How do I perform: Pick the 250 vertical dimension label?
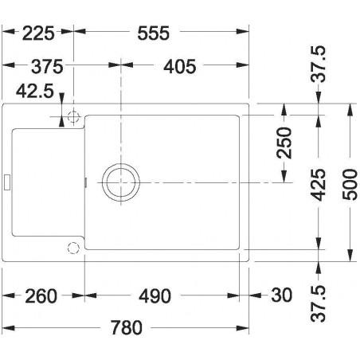click(x=285, y=143)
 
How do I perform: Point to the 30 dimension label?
click(x=281, y=296)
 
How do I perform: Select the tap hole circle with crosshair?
click(x=73, y=118)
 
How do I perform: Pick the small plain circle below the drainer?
click(x=73, y=245)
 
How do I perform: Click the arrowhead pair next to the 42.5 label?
click(x=62, y=118)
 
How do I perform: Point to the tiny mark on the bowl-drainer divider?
click(x=84, y=182)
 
